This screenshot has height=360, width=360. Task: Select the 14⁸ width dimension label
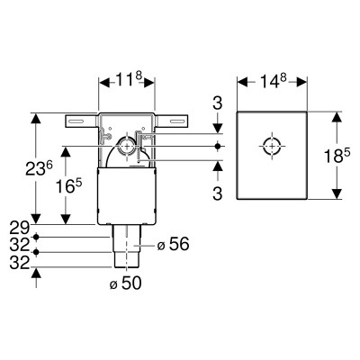click(x=272, y=81)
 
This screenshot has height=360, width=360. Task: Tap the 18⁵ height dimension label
click(x=337, y=156)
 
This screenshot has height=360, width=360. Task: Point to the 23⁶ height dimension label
click(x=39, y=168)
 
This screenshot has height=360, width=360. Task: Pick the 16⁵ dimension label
click(x=68, y=186)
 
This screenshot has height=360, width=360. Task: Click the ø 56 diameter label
click(x=173, y=244)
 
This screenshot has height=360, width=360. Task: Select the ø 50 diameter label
click(x=125, y=283)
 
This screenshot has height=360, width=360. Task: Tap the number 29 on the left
click(x=20, y=228)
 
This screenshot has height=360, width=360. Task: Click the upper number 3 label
click(x=218, y=103)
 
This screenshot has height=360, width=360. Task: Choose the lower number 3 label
click(x=218, y=193)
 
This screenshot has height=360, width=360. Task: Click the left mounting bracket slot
click(x=76, y=121)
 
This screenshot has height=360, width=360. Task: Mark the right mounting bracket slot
click(x=176, y=121)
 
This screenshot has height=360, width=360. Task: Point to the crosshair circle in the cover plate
click(x=272, y=146)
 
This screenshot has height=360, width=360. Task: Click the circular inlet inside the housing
click(x=128, y=147)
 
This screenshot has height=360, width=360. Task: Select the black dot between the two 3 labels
click(x=218, y=146)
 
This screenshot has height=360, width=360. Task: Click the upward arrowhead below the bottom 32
click(x=36, y=274)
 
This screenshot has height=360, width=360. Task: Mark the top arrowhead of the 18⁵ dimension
click(x=337, y=118)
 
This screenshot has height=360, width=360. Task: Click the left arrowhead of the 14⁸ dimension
click(x=243, y=82)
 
